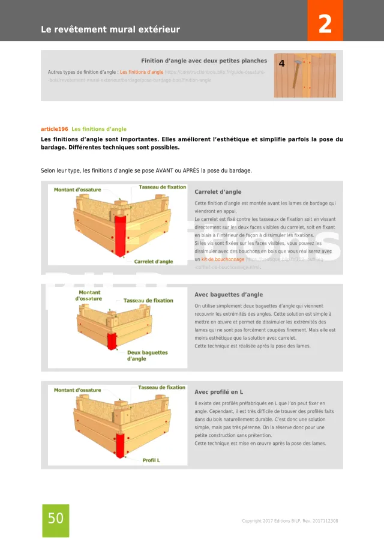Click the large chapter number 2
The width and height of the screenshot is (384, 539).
point(325,25)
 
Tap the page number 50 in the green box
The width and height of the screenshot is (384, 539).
point(56,518)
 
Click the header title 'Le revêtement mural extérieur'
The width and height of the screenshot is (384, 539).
point(110,29)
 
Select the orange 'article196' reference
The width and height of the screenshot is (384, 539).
point(54,129)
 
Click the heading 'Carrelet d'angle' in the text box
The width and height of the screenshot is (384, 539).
point(218,192)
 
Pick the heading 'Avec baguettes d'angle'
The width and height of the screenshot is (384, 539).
point(229,295)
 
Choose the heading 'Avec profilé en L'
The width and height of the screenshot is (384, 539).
point(218,392)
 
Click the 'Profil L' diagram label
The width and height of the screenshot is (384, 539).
point(151,460)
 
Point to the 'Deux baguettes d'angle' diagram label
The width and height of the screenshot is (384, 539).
point(147,355)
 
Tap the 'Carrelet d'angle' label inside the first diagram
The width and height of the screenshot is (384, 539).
point(154,262)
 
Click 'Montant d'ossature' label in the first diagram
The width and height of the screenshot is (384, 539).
point(77,190)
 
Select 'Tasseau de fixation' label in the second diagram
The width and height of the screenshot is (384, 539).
point(148,301)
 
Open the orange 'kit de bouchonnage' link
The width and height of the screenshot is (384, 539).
point(223,259)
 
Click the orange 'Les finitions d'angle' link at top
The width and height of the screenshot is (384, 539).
point(142,72)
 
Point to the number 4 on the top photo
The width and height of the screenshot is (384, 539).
point(282,63)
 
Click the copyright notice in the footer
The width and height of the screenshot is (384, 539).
point(290,521)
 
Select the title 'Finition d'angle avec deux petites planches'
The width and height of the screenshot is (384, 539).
point(204,61)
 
